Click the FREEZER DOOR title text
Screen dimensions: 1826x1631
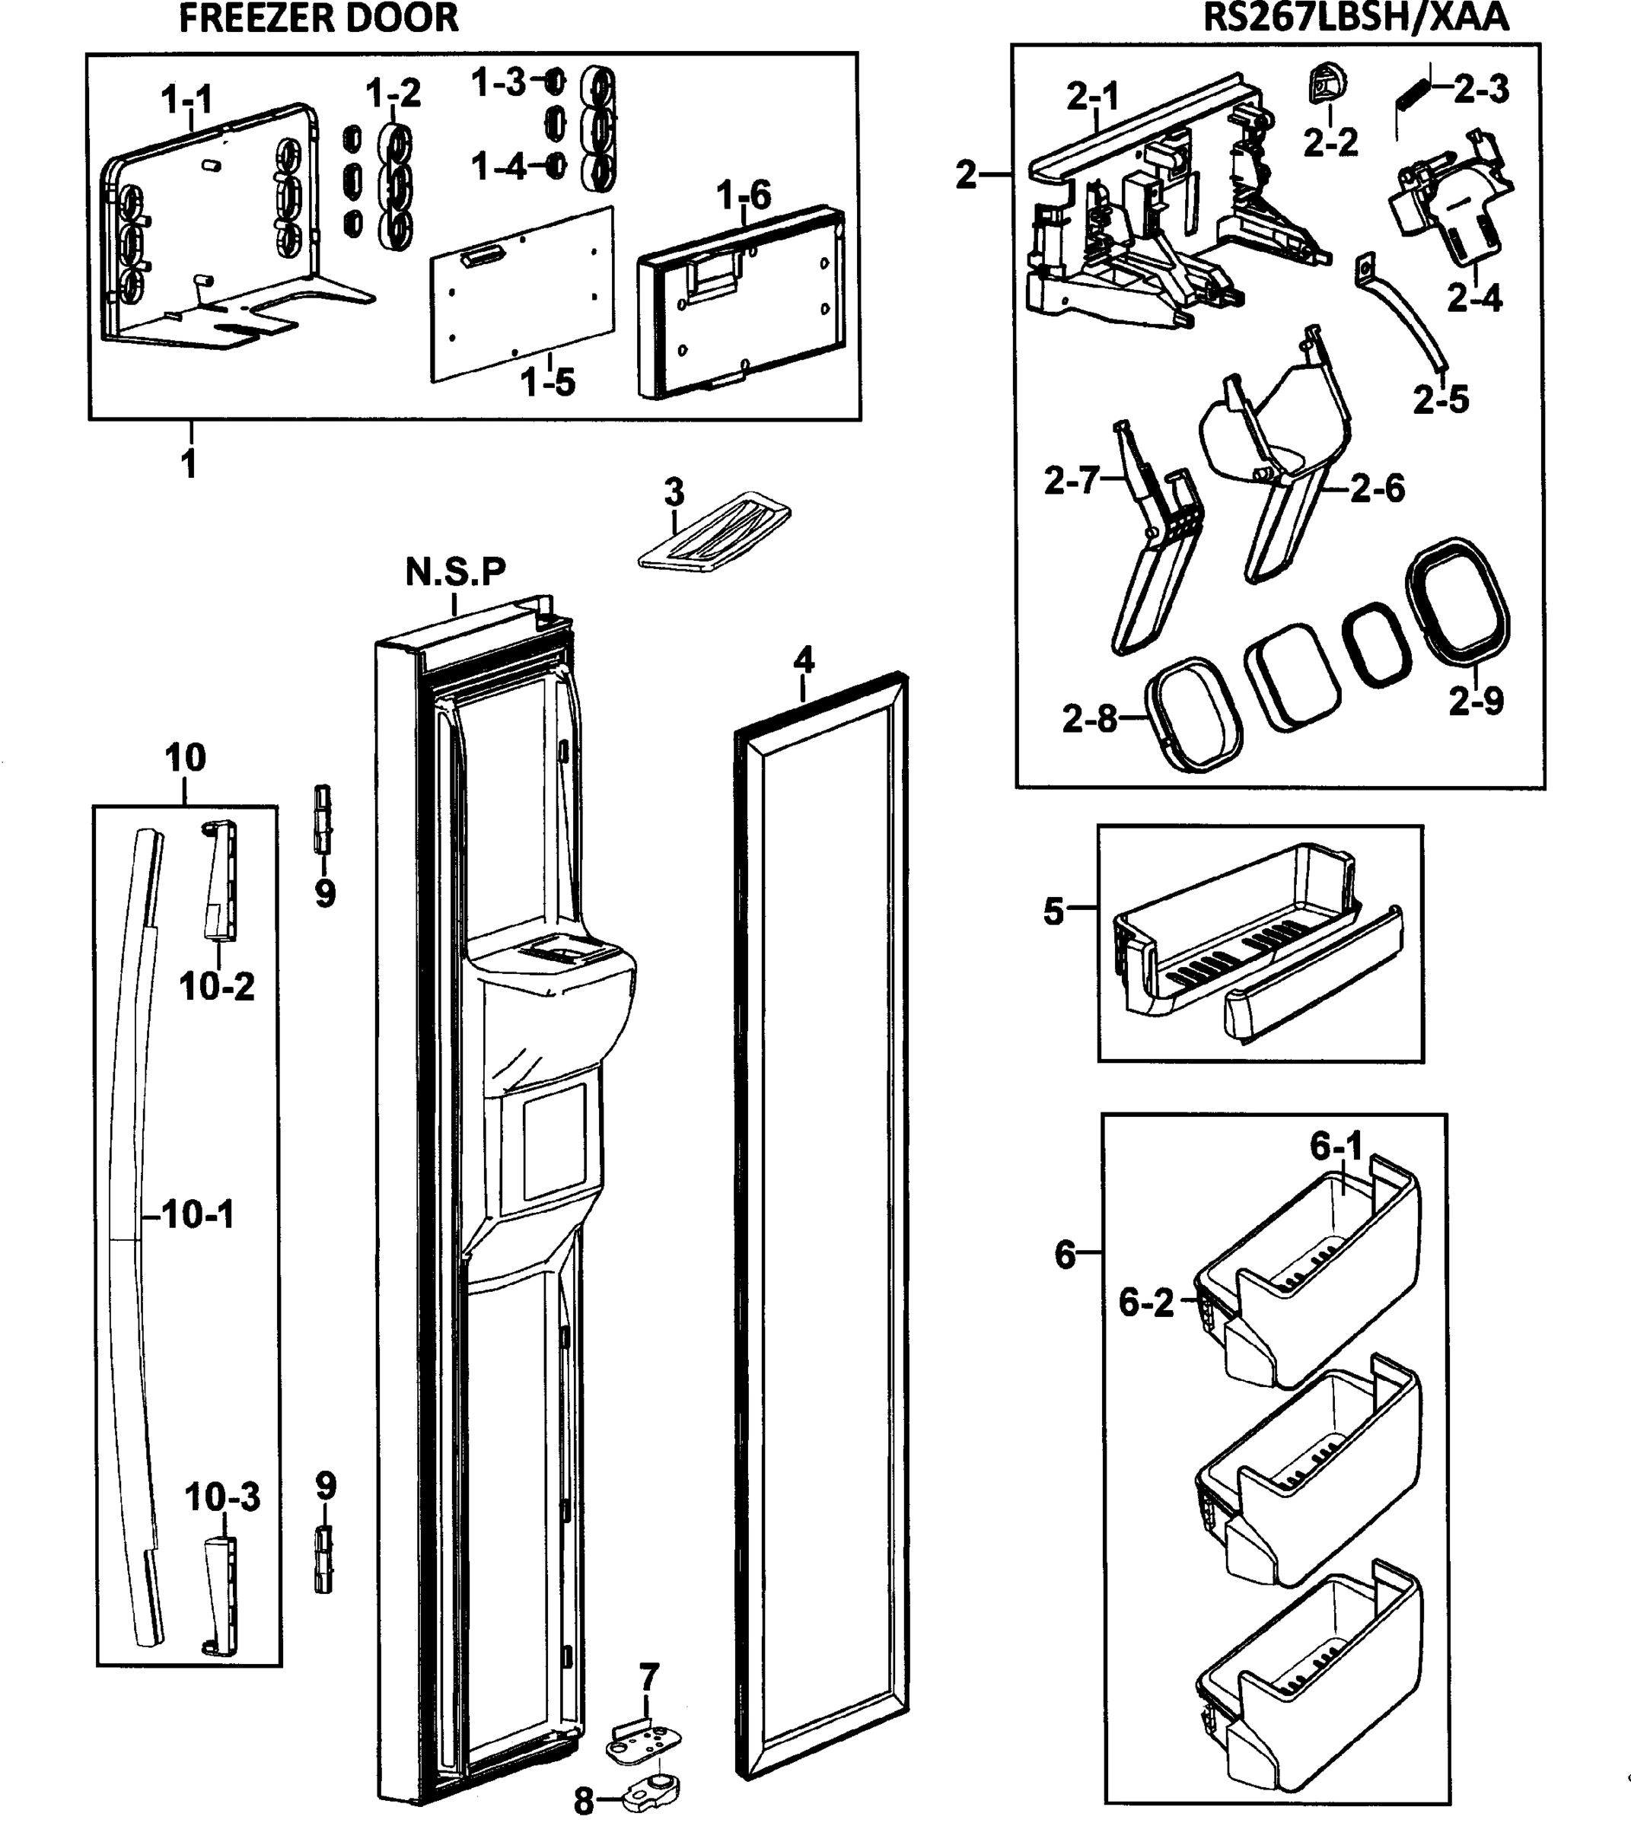(318, 18)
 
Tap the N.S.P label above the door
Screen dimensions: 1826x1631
(455, 571)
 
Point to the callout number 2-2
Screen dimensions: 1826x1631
(1330, 142)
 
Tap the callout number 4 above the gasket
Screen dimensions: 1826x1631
(803, 660)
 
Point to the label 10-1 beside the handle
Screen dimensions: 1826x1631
(197, 1214)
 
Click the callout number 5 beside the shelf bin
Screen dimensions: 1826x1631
(1053, 911)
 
